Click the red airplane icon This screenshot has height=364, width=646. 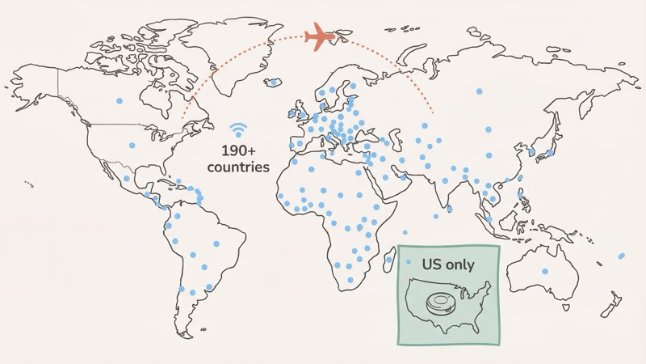pos(323,36)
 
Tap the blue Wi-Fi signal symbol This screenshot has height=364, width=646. pos(238,131)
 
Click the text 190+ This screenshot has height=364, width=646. pos(239,150)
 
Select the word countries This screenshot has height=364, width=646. pos(238,167)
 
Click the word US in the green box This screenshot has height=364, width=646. pos(432,265)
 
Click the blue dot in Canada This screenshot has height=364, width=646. pos(119,101)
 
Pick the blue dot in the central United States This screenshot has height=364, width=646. pos(132,146)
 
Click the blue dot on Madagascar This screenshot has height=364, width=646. pos(389,260)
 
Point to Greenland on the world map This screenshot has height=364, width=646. pos(234,49)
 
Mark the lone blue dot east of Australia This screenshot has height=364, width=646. pos(620,256)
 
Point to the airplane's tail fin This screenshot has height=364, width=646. pos(310,36)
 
